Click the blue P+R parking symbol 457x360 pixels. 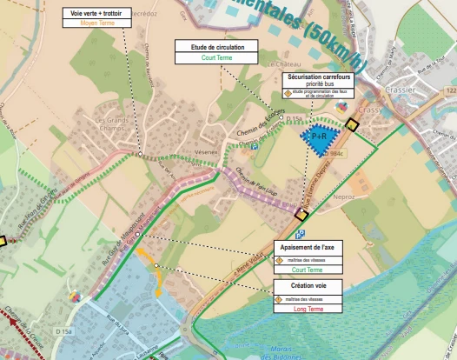[x=318, y=136]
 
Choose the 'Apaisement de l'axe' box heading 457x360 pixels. [x=307, y=247]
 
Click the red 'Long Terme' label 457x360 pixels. [x=307, y=309]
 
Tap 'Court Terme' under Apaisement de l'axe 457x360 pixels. [x=307, y=270]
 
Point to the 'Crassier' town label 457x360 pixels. [x=405, y=90]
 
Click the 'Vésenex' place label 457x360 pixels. [x=206, y=151]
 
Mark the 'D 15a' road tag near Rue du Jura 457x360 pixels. [x=65, y=331]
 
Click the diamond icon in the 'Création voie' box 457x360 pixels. [x=279, y=299]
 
